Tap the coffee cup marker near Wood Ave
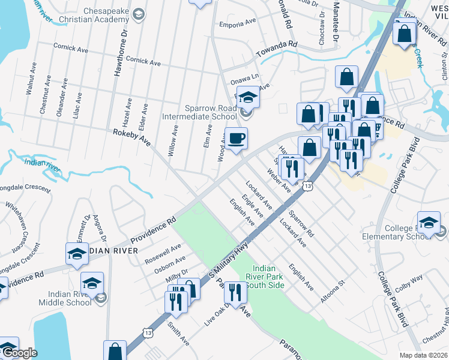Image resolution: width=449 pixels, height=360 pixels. [236, 139]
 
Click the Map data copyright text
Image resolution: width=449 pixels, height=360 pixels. [423, 355]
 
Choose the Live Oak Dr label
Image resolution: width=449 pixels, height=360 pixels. [217, 313]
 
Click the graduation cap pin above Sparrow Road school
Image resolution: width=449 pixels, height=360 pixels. [248, 97]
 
